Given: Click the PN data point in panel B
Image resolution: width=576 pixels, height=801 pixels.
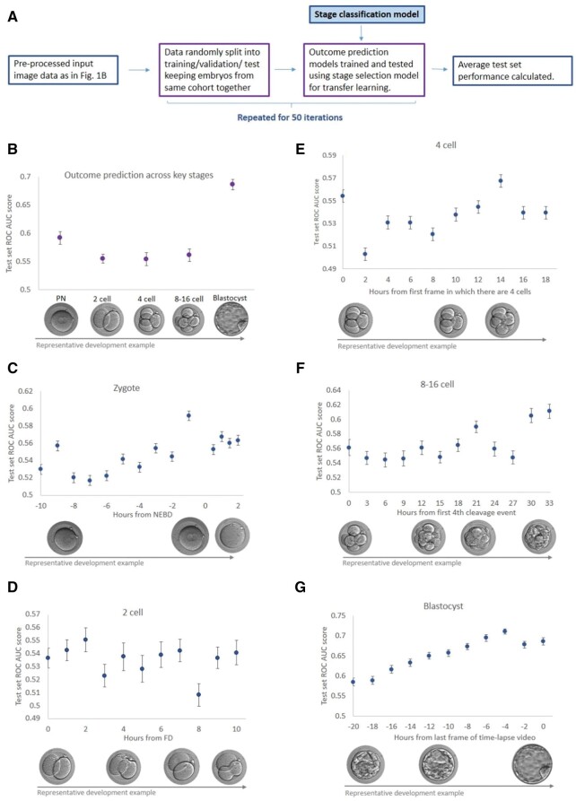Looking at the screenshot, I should [x=60, y=238].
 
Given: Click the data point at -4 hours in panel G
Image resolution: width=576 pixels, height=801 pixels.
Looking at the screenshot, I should [x=504, y=631].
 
